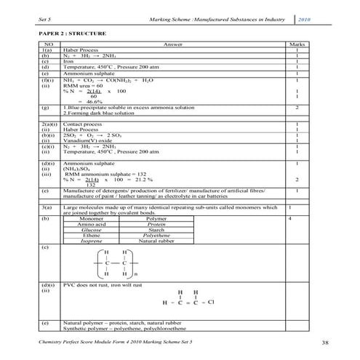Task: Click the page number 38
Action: [x=324, y=342]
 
